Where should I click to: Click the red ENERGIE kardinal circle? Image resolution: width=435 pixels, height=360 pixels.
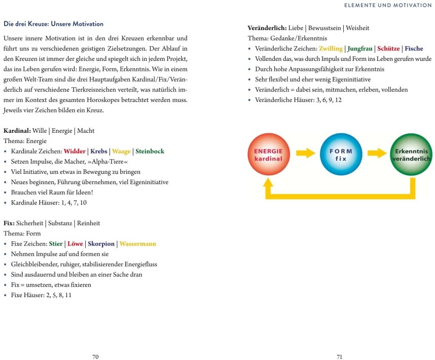[x=268, y=155]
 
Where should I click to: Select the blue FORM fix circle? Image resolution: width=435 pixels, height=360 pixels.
[x=340, y=155]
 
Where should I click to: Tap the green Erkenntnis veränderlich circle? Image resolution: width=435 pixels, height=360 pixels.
[x=411, y=155]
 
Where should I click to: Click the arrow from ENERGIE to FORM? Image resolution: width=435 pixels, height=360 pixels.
[x=305, y=153]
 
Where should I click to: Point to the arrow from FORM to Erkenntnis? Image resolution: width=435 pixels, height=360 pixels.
[x=377, y=153]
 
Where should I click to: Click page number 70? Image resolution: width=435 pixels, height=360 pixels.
[x=95, y=356]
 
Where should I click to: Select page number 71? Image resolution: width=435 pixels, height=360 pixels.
[x=340, y=356]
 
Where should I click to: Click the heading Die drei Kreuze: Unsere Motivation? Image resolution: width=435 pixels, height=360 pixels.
[x=53, y=24]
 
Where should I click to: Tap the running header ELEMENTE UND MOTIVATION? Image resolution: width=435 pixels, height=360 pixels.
[x=388, y=5]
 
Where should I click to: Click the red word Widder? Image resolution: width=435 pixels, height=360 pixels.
[x=75, y=151]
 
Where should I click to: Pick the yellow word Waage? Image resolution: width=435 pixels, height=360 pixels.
[x=121, y=151]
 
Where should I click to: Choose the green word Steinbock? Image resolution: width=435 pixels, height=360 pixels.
[x=150, y=151]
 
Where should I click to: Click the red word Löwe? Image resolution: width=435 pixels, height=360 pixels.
[x=75, y=244]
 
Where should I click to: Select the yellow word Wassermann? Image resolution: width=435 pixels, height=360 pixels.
[x=137, y=244]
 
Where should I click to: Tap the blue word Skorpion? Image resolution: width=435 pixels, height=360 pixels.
[x=101, y=244]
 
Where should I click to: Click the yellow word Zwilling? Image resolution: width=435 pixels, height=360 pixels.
[x=331, y=49]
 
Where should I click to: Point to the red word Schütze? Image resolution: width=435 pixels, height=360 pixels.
[x=388, y=49]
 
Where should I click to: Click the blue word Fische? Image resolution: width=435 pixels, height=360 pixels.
[x=414, y=49]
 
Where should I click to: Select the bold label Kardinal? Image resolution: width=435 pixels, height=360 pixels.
[x=17, y=131]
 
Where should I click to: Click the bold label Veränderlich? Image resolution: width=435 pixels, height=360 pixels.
[x=267, y=27]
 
